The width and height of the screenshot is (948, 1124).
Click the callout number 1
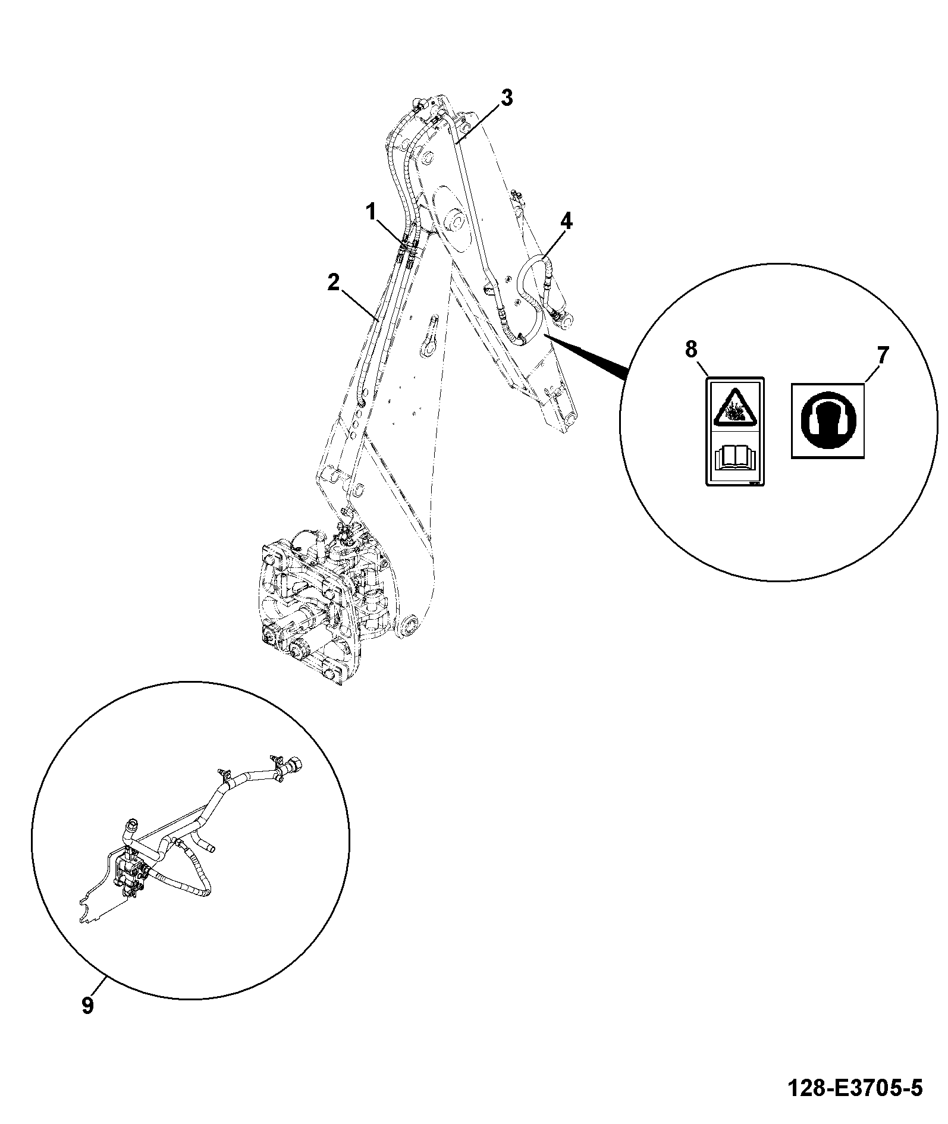point(371,211)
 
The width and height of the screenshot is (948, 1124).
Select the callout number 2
point(334,282)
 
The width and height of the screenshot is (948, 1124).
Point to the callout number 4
point(566,222)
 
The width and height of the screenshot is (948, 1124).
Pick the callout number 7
point(881,356)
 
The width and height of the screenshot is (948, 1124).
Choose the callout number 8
point(690,350)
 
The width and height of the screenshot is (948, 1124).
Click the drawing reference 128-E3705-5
point(855,1088)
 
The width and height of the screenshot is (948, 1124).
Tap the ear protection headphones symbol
point(827,420)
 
